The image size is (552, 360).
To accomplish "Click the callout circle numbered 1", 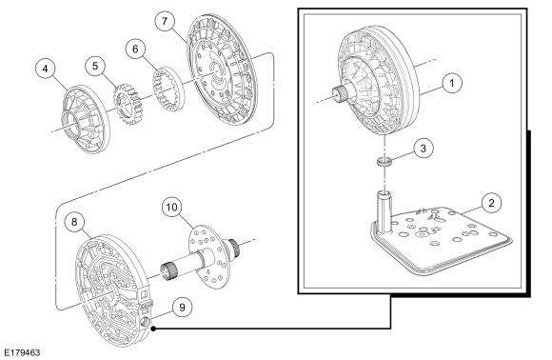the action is pyautogui.click(x=451, y=83).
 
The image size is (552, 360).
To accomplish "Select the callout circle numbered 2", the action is pyautogui.click(x=491, y=203).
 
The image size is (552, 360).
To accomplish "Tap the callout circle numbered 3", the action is pyautogui.click(x=423, y=149).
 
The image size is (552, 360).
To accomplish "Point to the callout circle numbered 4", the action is pyautogui.click(x=46, y=69).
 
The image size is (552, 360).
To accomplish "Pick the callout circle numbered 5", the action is pyautogui.click(x=95, y=66).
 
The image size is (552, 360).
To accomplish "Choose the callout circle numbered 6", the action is pyautogui.click(x=136, y=49).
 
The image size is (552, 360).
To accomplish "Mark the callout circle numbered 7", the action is pyautogui.click(x=165, y=21).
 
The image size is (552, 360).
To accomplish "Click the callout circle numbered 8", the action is pyautogui.click(x=74, y=222).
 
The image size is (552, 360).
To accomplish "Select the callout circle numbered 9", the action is pyautogui.click(x=182, y=308).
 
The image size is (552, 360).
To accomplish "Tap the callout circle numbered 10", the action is pyautogui.click(x=172, y=208).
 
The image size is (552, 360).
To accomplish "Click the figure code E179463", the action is pyautogui.click(x=22, y=352).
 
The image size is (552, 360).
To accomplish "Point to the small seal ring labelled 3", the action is pyautogui.click(x=384, y=163).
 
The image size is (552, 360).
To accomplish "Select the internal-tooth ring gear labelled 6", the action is pyautogui.click(x=168, y=88).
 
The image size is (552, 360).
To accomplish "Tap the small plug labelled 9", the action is pyautogui.click(x=146, y=322).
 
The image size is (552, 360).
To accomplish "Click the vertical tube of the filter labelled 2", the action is pyautogui.click(x=384, y=212).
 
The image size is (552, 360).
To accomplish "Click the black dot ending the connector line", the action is pyautogui.click(x=153, y=329).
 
